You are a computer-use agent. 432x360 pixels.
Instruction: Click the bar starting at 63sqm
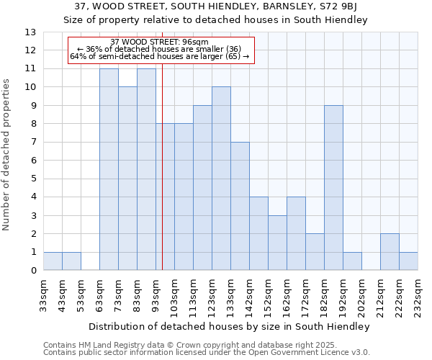click(x=109, y=169)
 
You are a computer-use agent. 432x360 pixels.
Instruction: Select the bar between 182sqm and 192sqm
click(x=333, y=188)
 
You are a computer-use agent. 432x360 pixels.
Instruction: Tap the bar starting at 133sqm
click(x=240, y=206)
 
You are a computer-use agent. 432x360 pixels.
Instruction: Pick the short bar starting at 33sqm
click(x=53, y=261)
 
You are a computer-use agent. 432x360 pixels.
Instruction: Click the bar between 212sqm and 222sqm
click(x=390, y=252)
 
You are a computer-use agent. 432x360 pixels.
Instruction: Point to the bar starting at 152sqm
click(x=277, y=243)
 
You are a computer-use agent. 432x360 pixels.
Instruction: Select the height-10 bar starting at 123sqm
click(x=221, y=179)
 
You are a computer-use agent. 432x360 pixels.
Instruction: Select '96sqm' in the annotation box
click(x=194, y=42)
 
